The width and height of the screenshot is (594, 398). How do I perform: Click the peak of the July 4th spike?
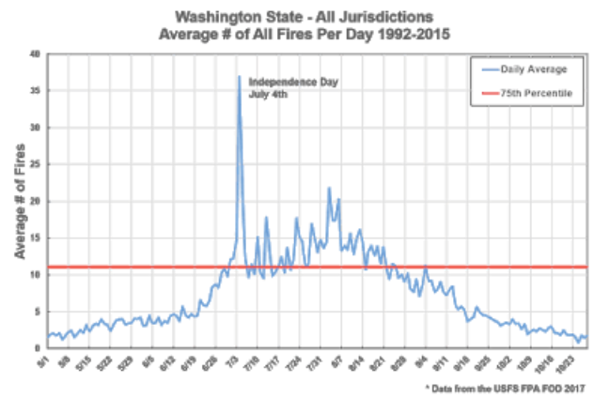coord(239,77)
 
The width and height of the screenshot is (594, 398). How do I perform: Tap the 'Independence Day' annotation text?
coord(285,83)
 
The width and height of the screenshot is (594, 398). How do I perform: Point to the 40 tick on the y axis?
coord(36,54)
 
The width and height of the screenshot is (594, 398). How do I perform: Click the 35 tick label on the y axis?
coord(36,91)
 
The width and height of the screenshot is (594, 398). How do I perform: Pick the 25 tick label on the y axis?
coord(36,164)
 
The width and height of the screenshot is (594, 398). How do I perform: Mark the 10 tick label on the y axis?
coord(36,274)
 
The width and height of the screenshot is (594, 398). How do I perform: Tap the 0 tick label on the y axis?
coord(38,347)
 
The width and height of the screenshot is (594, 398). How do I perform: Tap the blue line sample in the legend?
coord(489,69)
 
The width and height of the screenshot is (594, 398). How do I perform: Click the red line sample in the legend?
coord(489,93)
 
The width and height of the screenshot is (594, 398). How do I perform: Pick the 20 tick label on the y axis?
coord(36,201)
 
